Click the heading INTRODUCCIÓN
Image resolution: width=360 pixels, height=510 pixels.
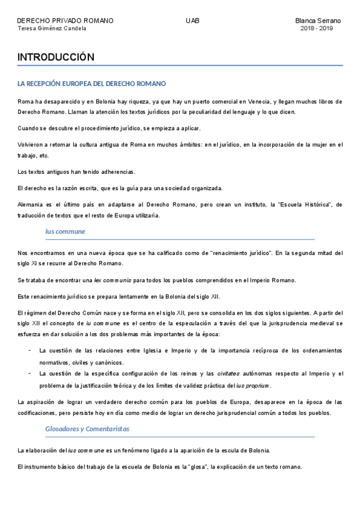click(x=56, y=57)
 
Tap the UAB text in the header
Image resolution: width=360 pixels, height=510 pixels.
click(x=193, y=20)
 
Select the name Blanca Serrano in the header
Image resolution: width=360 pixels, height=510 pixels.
click(x=318, y=20)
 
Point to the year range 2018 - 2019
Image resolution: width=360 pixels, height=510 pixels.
click(x=317, y=28)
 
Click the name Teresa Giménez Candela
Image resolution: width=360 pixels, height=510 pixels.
click(x=52, y=28)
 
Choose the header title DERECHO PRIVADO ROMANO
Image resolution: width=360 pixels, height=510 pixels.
click(x=65, y=20)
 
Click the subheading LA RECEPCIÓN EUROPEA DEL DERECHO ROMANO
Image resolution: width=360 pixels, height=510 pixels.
click(x=92, y=84)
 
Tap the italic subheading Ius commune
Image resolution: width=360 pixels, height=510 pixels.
click(x=65, y=232)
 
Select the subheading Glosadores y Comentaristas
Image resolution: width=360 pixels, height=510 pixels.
click(x=87, y=429)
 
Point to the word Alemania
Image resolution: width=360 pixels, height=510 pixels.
click(x=31, y=204)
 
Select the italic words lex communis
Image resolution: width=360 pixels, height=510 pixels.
click(x=112, y=280)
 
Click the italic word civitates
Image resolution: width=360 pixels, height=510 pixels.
click(x=228, y=374)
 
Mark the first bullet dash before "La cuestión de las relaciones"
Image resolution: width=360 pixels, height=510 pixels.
click(x=30, y=350)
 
